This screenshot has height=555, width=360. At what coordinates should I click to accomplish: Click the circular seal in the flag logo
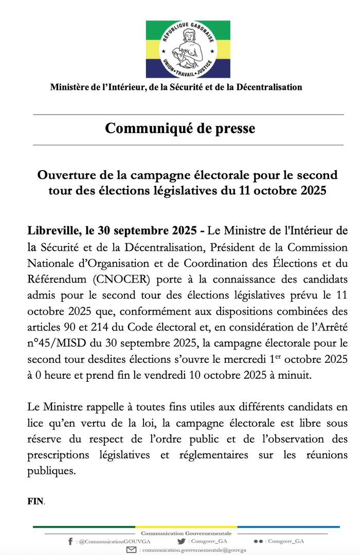pyautogui.click(x=188, y=49)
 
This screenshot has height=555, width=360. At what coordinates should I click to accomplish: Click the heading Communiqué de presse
pyautogui.click(x=180, y=128)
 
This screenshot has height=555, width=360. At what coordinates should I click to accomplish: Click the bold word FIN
pyautogui.click(x=35, y=501)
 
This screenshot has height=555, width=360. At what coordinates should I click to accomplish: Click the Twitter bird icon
pyautogui.click(x=181, y=541)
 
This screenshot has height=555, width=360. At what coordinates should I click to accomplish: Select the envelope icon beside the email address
pyautogui.click(x=132, y=550)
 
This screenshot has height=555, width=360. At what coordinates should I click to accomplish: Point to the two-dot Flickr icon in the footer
pyautogui.click(x=258, y=542)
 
